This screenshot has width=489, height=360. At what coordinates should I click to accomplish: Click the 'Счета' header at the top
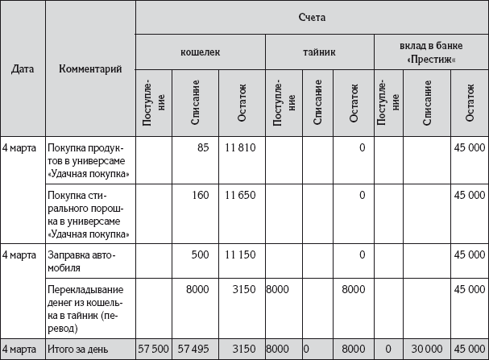[x=311, y=17]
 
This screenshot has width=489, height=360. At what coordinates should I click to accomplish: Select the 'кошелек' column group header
[x=201, y=52]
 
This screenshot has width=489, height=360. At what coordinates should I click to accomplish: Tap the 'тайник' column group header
[x=320, y=52]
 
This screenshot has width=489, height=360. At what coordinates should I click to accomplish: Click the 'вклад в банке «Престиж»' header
[x=430, y=52]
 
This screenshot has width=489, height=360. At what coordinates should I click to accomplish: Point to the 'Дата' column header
[x=23, y=68]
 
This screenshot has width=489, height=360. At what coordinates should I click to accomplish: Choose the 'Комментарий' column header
[x=91, y=68]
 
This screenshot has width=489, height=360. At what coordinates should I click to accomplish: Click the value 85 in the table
[x=202, y=147]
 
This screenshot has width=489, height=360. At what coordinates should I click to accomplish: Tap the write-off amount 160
[x=200, y=195]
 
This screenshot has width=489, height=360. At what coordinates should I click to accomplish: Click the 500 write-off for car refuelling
[x=200, y=254]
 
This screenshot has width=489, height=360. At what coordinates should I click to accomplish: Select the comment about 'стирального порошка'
[x=89, y=213]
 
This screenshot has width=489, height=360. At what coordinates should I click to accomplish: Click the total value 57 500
[x=154, y=350]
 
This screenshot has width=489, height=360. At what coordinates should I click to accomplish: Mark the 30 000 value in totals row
[x=426, y=350]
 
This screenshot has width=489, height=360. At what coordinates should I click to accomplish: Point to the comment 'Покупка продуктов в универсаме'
[x=89, y=160]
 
